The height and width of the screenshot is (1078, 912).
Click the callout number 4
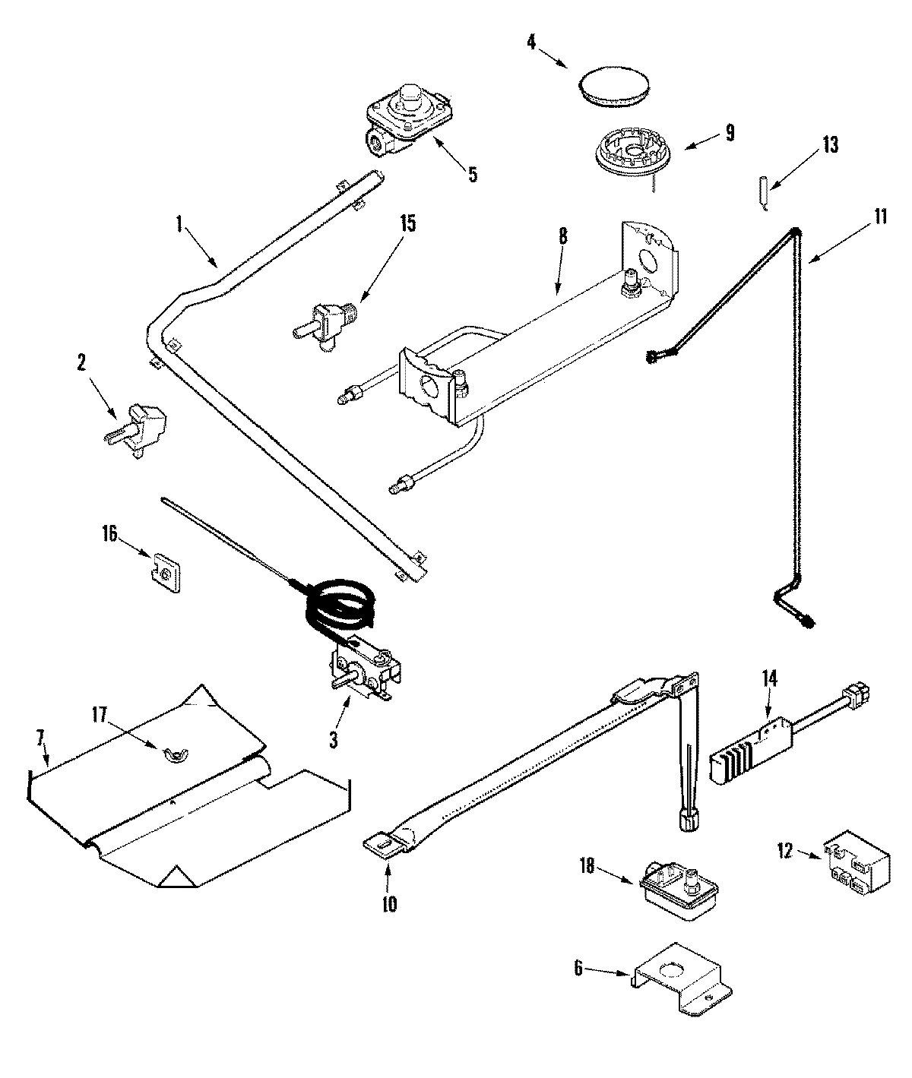click(x=531, y=41)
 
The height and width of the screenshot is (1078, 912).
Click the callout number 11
click(x=879, y=216)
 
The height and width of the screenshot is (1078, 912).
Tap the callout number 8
click(x=562, y=236)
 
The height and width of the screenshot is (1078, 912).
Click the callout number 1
click(x=179, y=223)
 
